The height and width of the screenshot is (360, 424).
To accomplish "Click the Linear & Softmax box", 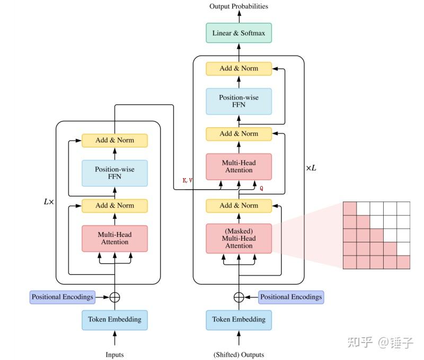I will [238, 33].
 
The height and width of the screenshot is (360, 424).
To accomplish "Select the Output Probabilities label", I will [238, 6].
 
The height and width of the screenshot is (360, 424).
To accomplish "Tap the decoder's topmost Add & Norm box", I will [238, 68].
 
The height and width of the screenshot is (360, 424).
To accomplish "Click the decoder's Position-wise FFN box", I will [238, 101].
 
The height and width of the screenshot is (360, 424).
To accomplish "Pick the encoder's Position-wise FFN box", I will [114, 173].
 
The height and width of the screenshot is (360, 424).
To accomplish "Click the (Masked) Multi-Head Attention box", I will [238, 239].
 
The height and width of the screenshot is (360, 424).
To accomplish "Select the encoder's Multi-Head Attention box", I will [114, 239].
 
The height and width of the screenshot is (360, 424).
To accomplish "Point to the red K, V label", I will [188, 181].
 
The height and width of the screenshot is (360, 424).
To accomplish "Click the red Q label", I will [261, 188].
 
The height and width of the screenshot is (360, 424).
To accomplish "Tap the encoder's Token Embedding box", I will [114, 320].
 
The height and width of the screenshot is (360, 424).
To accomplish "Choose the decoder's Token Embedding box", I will [238, 320].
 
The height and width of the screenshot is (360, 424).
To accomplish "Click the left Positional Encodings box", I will [62, 297].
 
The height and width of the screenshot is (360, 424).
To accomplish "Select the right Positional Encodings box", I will [291, 297].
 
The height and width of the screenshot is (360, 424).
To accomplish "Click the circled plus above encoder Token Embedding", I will [114, 297].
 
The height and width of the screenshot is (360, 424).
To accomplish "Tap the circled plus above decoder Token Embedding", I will [238, 297].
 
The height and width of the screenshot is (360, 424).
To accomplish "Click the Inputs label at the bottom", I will [114, 355].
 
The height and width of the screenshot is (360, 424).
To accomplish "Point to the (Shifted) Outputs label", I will [238, 355].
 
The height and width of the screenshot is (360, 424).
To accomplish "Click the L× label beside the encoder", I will [49, 202].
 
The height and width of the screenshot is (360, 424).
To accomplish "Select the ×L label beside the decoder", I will [311, 168].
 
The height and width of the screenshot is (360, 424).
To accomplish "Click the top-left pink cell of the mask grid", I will [350, 208].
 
